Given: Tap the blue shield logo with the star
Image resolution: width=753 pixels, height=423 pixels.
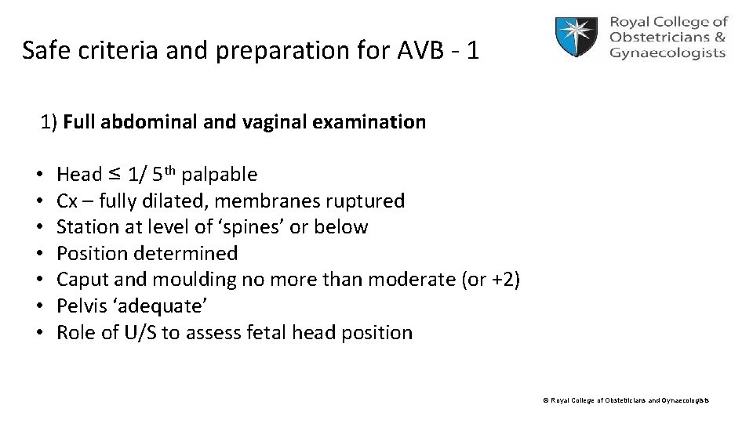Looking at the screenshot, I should pyautogui.click(x=578, y=38).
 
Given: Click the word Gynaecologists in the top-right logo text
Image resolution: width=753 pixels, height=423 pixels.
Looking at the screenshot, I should pyautogui.click(x=667, y=53).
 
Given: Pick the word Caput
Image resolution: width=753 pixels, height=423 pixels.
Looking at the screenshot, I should pyautogui.click(x=82, y=280).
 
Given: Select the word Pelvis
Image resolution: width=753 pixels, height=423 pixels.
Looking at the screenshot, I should pyautogui.click(x=82, y=306).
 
